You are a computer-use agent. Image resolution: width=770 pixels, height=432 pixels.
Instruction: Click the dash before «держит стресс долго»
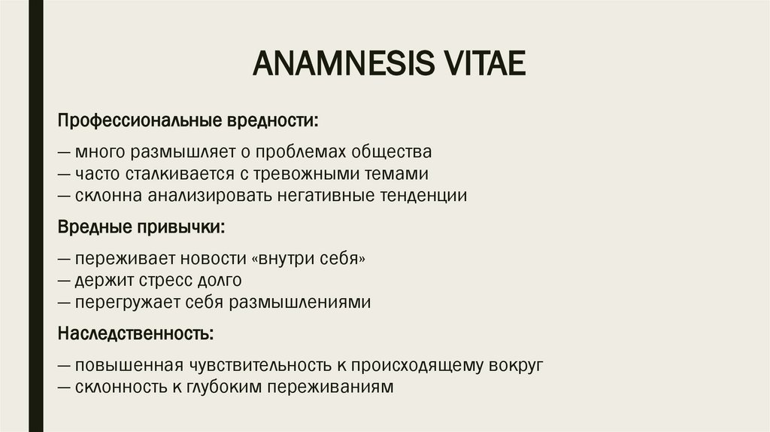(64, 281)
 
